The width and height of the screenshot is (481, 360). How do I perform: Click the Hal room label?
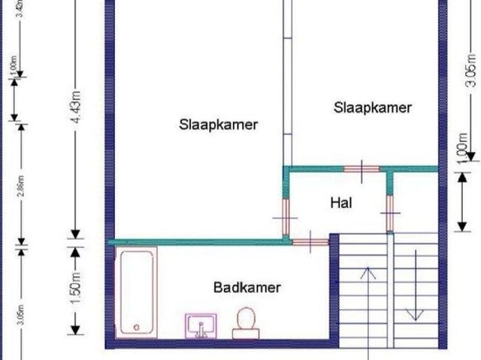pyautogui.click(x=341, y=202)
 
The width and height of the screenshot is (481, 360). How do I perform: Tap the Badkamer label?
pyautogui.click(x=247, y=287)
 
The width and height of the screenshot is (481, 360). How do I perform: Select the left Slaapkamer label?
pyautogui.click(x=218, y=124)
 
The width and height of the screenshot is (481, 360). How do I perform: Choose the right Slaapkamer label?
pyautogui.click(x=373, y=107)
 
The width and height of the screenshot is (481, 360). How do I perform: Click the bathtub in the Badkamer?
pyautogui.click(x=136, y=290)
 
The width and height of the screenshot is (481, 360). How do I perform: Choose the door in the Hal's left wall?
pyautogui.click(x=286, y=216)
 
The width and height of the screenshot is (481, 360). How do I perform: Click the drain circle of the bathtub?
pyautogui.click(x=136, y=326)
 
